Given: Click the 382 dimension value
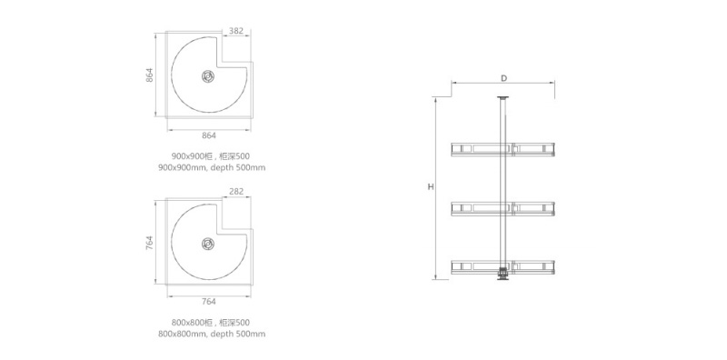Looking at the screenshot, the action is pyautogui.click(x=236, y=31).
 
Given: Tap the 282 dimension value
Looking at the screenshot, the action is pyautogui.click(x=236, y=191).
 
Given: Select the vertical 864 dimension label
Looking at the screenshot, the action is pyautogui.click(x=149, y=75).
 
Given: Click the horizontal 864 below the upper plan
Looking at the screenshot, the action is pyautogui.click(x=209, y=135).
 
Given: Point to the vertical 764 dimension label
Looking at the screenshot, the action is pyautogui.click(x=149, y=243).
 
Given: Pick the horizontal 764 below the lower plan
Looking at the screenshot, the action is pyautogui.click(x=209, y=302).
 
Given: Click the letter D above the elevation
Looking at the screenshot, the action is pyautogui.click(x=503, y=78).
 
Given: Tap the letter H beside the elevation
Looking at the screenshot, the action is pyautogui.click(x=431, y=187).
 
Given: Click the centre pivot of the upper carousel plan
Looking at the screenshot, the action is pyautogui.click(x=208, y=76).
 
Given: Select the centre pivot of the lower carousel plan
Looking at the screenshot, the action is pyautogui.click(x=208, y=243).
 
